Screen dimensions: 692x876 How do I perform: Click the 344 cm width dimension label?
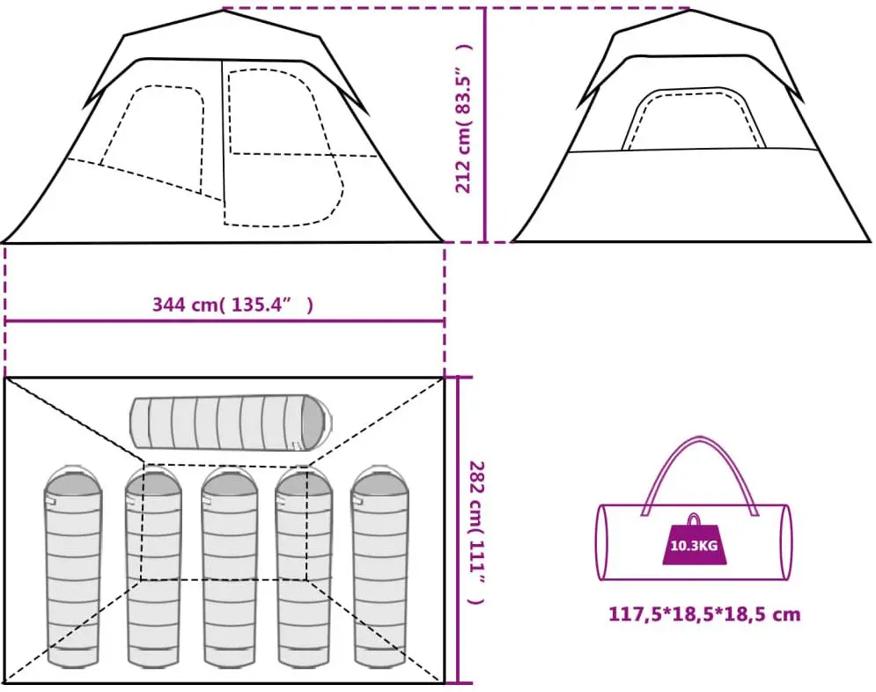(x=232, y=306)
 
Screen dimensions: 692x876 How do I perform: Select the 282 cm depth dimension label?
(x=475, y=532)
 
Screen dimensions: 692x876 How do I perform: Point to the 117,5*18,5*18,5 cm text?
(x=704, y=614)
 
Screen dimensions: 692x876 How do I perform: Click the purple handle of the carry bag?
(x=701, y=449)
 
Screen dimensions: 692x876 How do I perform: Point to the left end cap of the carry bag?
(x=605, y=542)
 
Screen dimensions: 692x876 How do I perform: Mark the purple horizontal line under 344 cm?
(x=225, y=321)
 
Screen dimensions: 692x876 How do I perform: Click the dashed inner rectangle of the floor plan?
(x=225, y=579)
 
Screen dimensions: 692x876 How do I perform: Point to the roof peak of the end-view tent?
(x=688, y=11)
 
